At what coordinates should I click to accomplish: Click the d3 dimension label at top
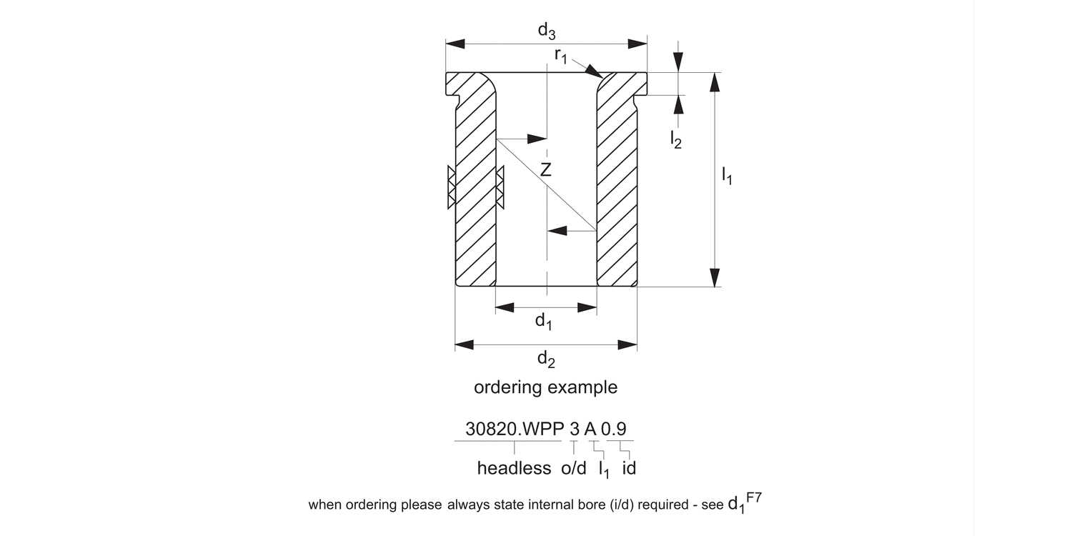(x=547, y=31)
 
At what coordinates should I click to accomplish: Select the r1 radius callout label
(x=561, y=56)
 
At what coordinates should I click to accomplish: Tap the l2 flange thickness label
(x=675, y=139)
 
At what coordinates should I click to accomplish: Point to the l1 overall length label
(x=727, y=175)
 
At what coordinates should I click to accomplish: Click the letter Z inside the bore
(x=546, y=170)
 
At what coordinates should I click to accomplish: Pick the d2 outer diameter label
(x=546, y=359)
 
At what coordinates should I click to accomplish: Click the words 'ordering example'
(x=545, y=387)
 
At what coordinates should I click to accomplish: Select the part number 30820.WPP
(x=514, y=430)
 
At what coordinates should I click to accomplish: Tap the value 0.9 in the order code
(x=614, y=430)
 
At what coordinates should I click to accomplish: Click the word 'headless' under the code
(x=514, y=469)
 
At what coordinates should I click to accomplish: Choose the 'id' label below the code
(x=629, y=469)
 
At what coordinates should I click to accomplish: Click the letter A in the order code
(x=590, y=430)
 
